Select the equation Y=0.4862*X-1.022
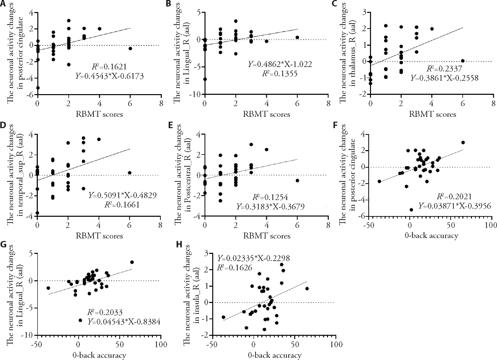(280, 64)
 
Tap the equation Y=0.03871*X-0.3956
(453, 205)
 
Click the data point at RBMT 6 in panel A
(130, 48)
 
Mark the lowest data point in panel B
(205, 79)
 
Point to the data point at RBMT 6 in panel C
(463, 61)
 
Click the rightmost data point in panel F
(463, 142)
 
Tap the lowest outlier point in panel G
(81, 320)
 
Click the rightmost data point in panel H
(307, 289)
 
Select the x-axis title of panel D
(100, 236)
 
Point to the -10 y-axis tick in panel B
(196, 94)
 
